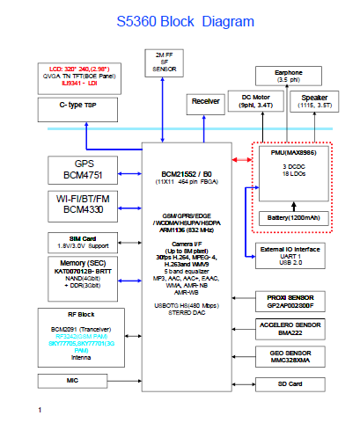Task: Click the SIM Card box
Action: click(84, 243)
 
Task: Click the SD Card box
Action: click(296, 384)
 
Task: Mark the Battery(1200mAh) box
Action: click(294, 216)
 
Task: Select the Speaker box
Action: click(315, 101)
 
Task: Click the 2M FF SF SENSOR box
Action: click(165, 62)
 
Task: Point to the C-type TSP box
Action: click(84, 108)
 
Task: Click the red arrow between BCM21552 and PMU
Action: click(240, 159)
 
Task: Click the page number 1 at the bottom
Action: click(40, 410)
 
